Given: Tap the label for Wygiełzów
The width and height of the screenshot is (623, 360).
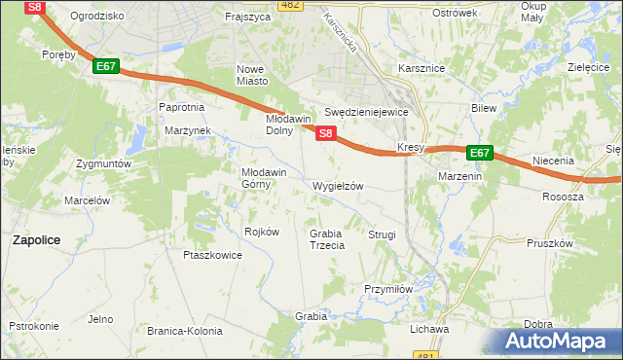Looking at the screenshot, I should (337, 185).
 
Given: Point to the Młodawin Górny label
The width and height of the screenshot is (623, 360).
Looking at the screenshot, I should (264, 177).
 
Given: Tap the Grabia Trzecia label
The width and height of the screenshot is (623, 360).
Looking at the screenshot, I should (327, 239).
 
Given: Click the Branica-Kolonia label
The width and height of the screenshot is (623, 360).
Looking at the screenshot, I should (182, 331).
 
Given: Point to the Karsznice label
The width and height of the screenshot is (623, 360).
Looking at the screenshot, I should (421, 69).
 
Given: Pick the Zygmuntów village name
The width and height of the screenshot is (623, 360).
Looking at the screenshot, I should (104, 164).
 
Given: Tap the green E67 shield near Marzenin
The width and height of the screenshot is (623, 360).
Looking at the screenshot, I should (479, 153).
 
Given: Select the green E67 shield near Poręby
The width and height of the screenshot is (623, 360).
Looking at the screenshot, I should (107, 66).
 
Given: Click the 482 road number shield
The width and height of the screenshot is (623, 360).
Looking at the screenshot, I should (289, 5).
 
